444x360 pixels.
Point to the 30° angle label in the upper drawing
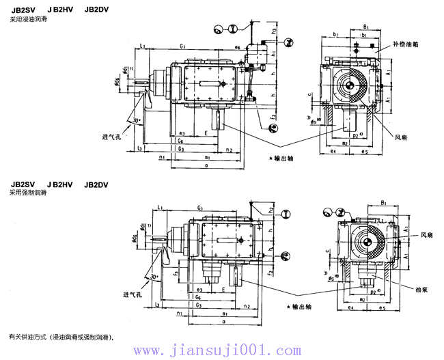(x=137, y=120)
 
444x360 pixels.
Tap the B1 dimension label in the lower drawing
(x=384, y=203)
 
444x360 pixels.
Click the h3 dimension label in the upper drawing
(x=274, y=31)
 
